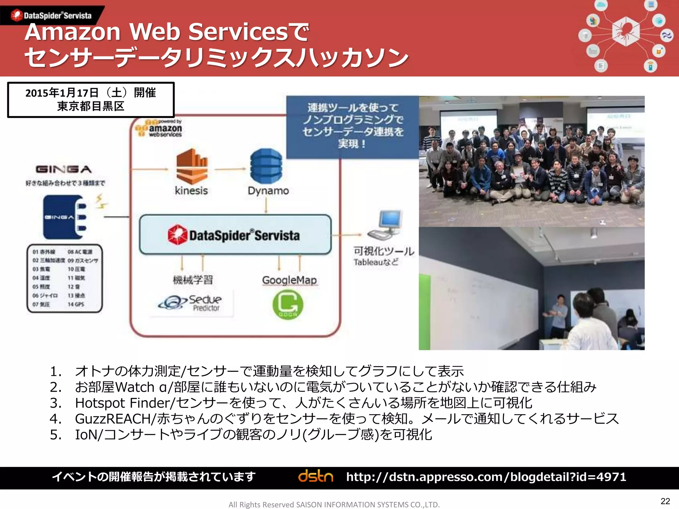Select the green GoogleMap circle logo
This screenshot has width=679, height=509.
point(287,305)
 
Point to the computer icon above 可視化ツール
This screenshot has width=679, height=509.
point(386,225)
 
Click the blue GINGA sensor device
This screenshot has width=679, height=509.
point(65,217)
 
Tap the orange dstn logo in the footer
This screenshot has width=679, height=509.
point(315,477)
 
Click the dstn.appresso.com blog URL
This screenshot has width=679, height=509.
point(486,477)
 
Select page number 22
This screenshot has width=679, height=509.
point(665,501)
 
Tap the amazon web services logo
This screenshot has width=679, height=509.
point(159,129)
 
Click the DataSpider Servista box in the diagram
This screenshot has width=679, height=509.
point(235,235)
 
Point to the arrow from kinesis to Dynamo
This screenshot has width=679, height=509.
point(230,169)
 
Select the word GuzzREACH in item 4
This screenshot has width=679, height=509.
point(113,419)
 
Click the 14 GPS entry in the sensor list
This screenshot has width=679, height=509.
point(76,304)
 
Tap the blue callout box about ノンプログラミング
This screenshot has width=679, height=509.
point(352,126)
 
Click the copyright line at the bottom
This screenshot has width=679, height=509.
point(334,504)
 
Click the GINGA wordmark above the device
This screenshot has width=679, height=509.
point(64,169)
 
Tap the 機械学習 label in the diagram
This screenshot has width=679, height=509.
point(193,280)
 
